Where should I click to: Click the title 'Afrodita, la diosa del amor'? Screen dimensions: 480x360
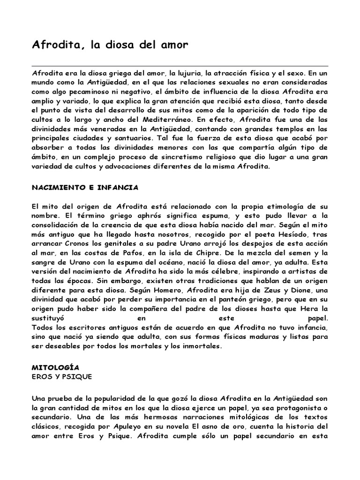110,45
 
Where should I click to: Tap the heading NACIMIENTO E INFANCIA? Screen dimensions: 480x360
85,187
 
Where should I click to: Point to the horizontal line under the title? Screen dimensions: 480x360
180,66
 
